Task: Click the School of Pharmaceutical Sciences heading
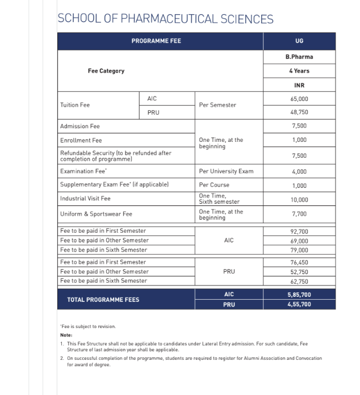(x=165, y=19)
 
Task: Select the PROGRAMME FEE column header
(x=156, y=41)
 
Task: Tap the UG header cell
(x=299, y=41)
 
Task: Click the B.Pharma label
(x=299, y=57)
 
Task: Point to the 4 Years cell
(x=299, y=71)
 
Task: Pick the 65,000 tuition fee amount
(x=299, y=99)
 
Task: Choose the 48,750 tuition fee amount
(x=299, y=112)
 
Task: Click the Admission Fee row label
(x=79, y=126)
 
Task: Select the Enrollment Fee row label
(x=81, y=140)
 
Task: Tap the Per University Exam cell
(x=226, y=171)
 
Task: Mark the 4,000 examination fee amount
(x=299, y=171)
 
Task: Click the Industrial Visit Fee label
(x=85, y=199)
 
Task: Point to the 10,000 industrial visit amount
(x=299, y=199)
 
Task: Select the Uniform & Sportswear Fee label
(x=96, y=214)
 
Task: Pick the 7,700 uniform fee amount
(x=299, y=214)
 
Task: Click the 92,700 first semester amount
(x=299, y=231)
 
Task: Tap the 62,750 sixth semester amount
(x=299, y=281)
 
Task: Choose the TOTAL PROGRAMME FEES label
(x=103, y=299)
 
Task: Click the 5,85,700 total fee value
(x=299, y=295)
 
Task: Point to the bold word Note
(x=66, y=335)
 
